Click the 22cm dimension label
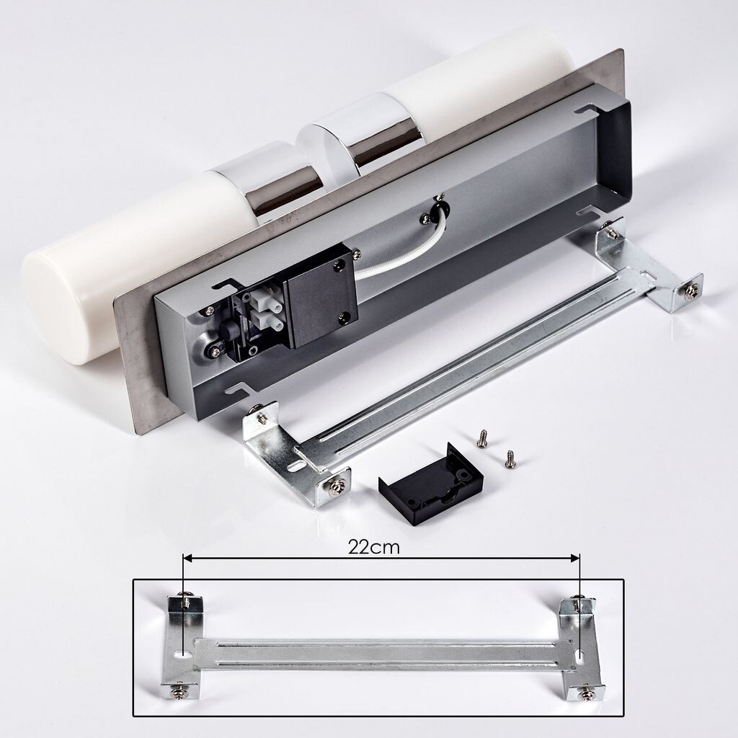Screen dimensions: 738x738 374,547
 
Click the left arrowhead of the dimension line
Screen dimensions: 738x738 187,559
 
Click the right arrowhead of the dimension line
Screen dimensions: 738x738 574,559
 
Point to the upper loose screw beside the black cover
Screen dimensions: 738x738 481,438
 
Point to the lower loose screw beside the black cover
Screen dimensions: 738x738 509,459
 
